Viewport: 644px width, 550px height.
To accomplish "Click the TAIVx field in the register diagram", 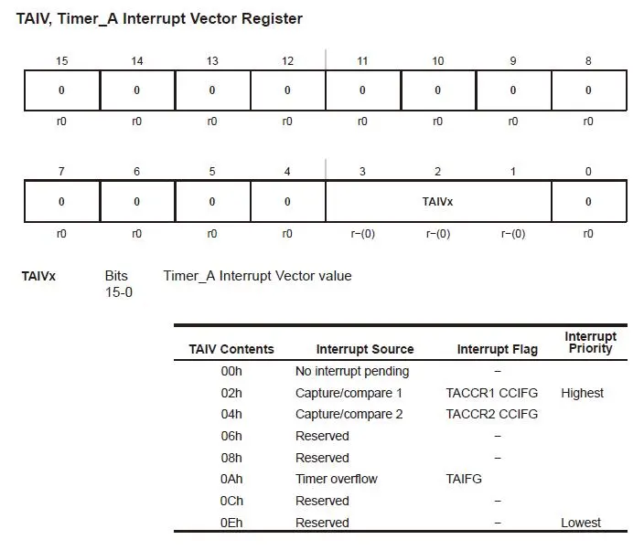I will click(437, 201).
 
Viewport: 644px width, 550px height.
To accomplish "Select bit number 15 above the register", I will click(61, 61).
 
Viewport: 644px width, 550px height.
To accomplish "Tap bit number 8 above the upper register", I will click(588, 61).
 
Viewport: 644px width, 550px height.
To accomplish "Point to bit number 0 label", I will click(588, 171).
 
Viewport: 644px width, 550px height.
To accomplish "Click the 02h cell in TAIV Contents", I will click(231, 393).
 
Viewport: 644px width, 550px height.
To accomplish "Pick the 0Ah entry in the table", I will click(231, 479).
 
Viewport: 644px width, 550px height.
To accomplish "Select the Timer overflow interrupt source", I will click(336, 479).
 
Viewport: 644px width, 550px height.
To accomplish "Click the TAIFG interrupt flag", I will click(464, 479).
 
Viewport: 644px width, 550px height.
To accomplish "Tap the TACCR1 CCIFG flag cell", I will click(492, 393).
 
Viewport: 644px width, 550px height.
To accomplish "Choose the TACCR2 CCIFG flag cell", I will click(492, 414).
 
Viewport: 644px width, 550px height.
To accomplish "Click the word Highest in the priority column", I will click(583, 393).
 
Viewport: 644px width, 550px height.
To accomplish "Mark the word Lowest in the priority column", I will click(581, 523).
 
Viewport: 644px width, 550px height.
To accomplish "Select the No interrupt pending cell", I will click(352, 371).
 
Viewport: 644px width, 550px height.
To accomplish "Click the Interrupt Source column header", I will click(365, 349).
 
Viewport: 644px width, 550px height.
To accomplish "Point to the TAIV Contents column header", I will click(231, 349).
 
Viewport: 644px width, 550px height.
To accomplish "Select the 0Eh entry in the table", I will click(231, 523).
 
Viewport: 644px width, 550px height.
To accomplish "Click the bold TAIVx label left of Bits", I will click(38, 276).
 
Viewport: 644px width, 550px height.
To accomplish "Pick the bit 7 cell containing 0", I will click(61, 201).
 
